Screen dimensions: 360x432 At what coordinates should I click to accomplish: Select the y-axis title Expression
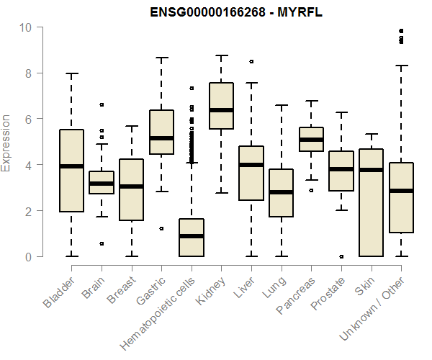tap(6, 142)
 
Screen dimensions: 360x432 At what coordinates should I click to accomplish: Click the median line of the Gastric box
tap(161, 138)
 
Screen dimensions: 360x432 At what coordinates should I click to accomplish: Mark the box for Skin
tap(371, 202)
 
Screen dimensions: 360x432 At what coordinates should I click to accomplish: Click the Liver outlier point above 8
tap(251, 62)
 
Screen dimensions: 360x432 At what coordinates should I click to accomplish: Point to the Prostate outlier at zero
tap(341, 256)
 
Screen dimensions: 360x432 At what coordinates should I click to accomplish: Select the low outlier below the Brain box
tap(102, 243)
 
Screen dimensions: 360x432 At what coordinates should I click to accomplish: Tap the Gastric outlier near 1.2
tap(161, 228)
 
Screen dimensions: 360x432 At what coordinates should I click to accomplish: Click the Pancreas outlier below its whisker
tap(311, 190)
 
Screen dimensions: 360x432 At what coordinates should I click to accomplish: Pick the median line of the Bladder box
tap(71, 166)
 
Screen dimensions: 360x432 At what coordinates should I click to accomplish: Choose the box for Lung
tap(281, 193)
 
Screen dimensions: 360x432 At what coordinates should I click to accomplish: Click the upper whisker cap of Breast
tap(131, 126)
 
